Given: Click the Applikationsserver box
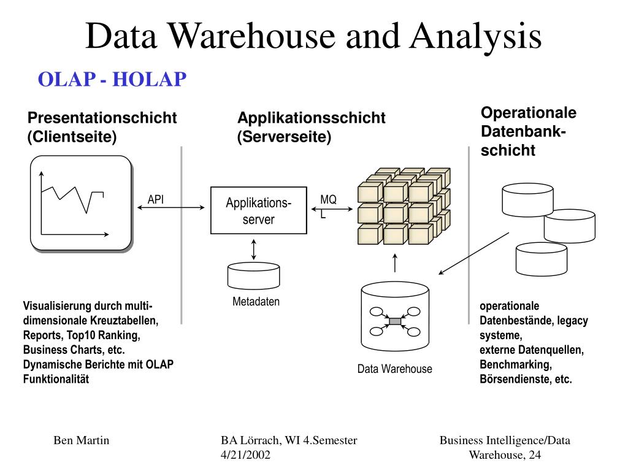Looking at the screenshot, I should tap(258, 210).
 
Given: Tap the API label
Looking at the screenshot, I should tap(156, 199).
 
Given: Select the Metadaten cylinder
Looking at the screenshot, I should tap(253, 276).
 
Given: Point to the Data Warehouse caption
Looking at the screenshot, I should tap(395, 369).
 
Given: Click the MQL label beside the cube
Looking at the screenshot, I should tap(327, 206).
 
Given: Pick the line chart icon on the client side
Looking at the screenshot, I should tap(82, 204).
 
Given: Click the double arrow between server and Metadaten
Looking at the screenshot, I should tap(254, 248).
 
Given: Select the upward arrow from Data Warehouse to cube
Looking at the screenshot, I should tap(395, 262).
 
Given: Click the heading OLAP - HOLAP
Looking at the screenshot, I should tap(112, 79).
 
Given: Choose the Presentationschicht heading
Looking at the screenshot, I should tap(102, 118).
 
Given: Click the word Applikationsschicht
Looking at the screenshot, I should tap(312, 118).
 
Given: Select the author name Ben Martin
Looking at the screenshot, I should tap(82, 440).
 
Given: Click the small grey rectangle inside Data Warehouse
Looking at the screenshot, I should tap(395, 321).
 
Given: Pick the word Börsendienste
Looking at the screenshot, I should tap(515, 379).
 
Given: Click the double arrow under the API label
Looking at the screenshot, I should tap(171, 208).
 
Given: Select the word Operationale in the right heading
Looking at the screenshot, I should tap(528, 113).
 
